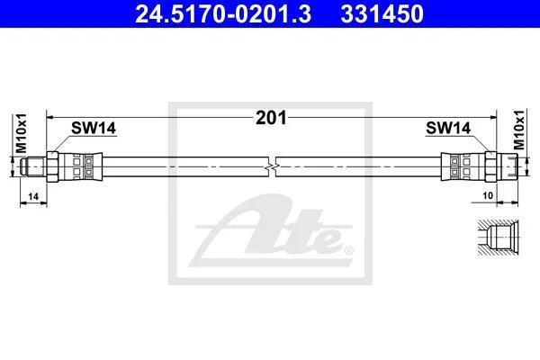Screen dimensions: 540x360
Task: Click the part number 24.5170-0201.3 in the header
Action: point(223,13)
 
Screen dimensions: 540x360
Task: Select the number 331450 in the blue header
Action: point(382,13)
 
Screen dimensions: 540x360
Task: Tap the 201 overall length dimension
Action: point(271,118)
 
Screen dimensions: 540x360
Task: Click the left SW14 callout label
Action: point(94,128)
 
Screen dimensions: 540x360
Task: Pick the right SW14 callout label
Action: point(448,128)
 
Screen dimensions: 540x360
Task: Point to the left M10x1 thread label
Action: point(21,133)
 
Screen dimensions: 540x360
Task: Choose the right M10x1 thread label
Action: point(518,130)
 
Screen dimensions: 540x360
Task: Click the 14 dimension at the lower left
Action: point(33,197)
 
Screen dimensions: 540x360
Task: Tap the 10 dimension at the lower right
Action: point(488,195)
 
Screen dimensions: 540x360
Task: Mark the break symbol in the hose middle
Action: point(273,167)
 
